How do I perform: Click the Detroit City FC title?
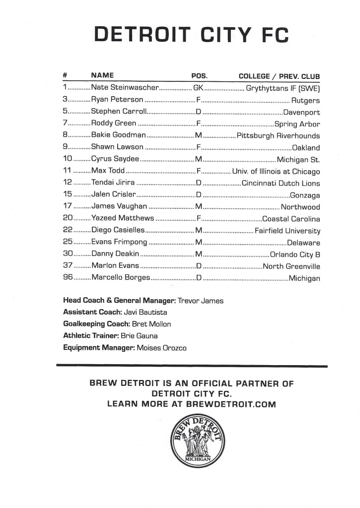click(x=191, y=35)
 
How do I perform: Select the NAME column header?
click(x=103, y=76)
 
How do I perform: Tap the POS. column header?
click(x=199, y=76)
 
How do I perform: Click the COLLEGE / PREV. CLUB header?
click(x=279, y=76)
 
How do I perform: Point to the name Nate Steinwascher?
click(x=125, y=88)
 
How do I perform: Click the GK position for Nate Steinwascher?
click(x=198, y=88)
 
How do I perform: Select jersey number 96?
click(x=69, y=278)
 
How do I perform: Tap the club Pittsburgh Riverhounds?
click(x=279, y=135)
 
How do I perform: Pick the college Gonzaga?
click(x=304, y=195)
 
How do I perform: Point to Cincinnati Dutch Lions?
click(x=281, y=183)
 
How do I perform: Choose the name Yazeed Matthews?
click(x=123, y=219)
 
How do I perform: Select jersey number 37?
click(x=69, y=266)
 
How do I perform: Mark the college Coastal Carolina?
click(x=291, y=219)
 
